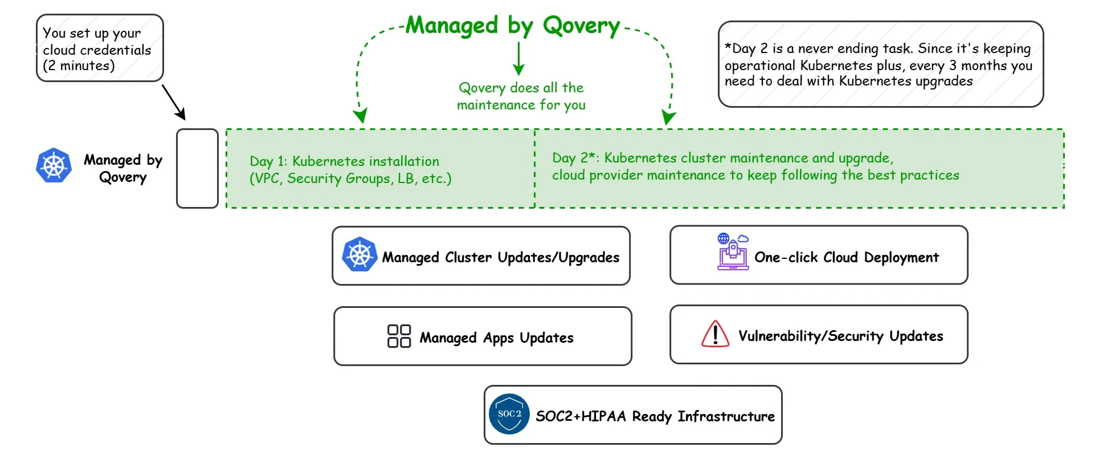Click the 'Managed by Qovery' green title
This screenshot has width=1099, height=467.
[x=513, y=26]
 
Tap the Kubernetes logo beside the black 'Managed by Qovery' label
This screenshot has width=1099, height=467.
[x=54, y=165]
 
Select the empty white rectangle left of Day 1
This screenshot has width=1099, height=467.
[x=197, y=168]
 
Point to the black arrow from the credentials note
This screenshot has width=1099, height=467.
[x=174, y=103]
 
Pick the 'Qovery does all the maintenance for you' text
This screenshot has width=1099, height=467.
[x=521, y=96]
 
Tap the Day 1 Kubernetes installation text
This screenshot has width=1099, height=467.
[x=350, y=169]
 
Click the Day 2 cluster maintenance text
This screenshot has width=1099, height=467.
[x=755, y=167]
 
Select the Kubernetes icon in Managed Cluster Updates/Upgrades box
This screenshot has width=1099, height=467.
[x=359, y=254]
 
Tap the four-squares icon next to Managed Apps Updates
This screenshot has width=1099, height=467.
[x=399, y=336]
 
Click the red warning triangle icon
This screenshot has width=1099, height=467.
[x=716, y=334]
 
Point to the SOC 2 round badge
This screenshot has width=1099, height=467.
[x=509, y=414]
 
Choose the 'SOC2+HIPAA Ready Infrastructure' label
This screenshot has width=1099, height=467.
[x=655, y=416]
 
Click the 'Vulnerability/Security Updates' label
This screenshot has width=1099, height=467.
[x=841, y=336]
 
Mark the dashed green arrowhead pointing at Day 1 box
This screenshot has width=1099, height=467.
[x=360, y=116]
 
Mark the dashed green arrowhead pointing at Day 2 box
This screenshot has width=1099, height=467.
[x=669, y=118]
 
